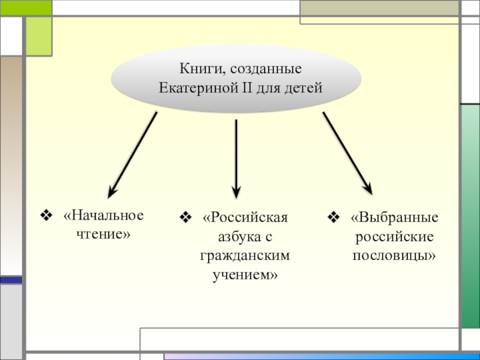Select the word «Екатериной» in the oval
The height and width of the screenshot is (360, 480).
tap(190, 88)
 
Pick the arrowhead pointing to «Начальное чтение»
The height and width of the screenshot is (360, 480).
tap(112, 192)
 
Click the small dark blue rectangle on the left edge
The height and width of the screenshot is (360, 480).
tap(11, 280)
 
